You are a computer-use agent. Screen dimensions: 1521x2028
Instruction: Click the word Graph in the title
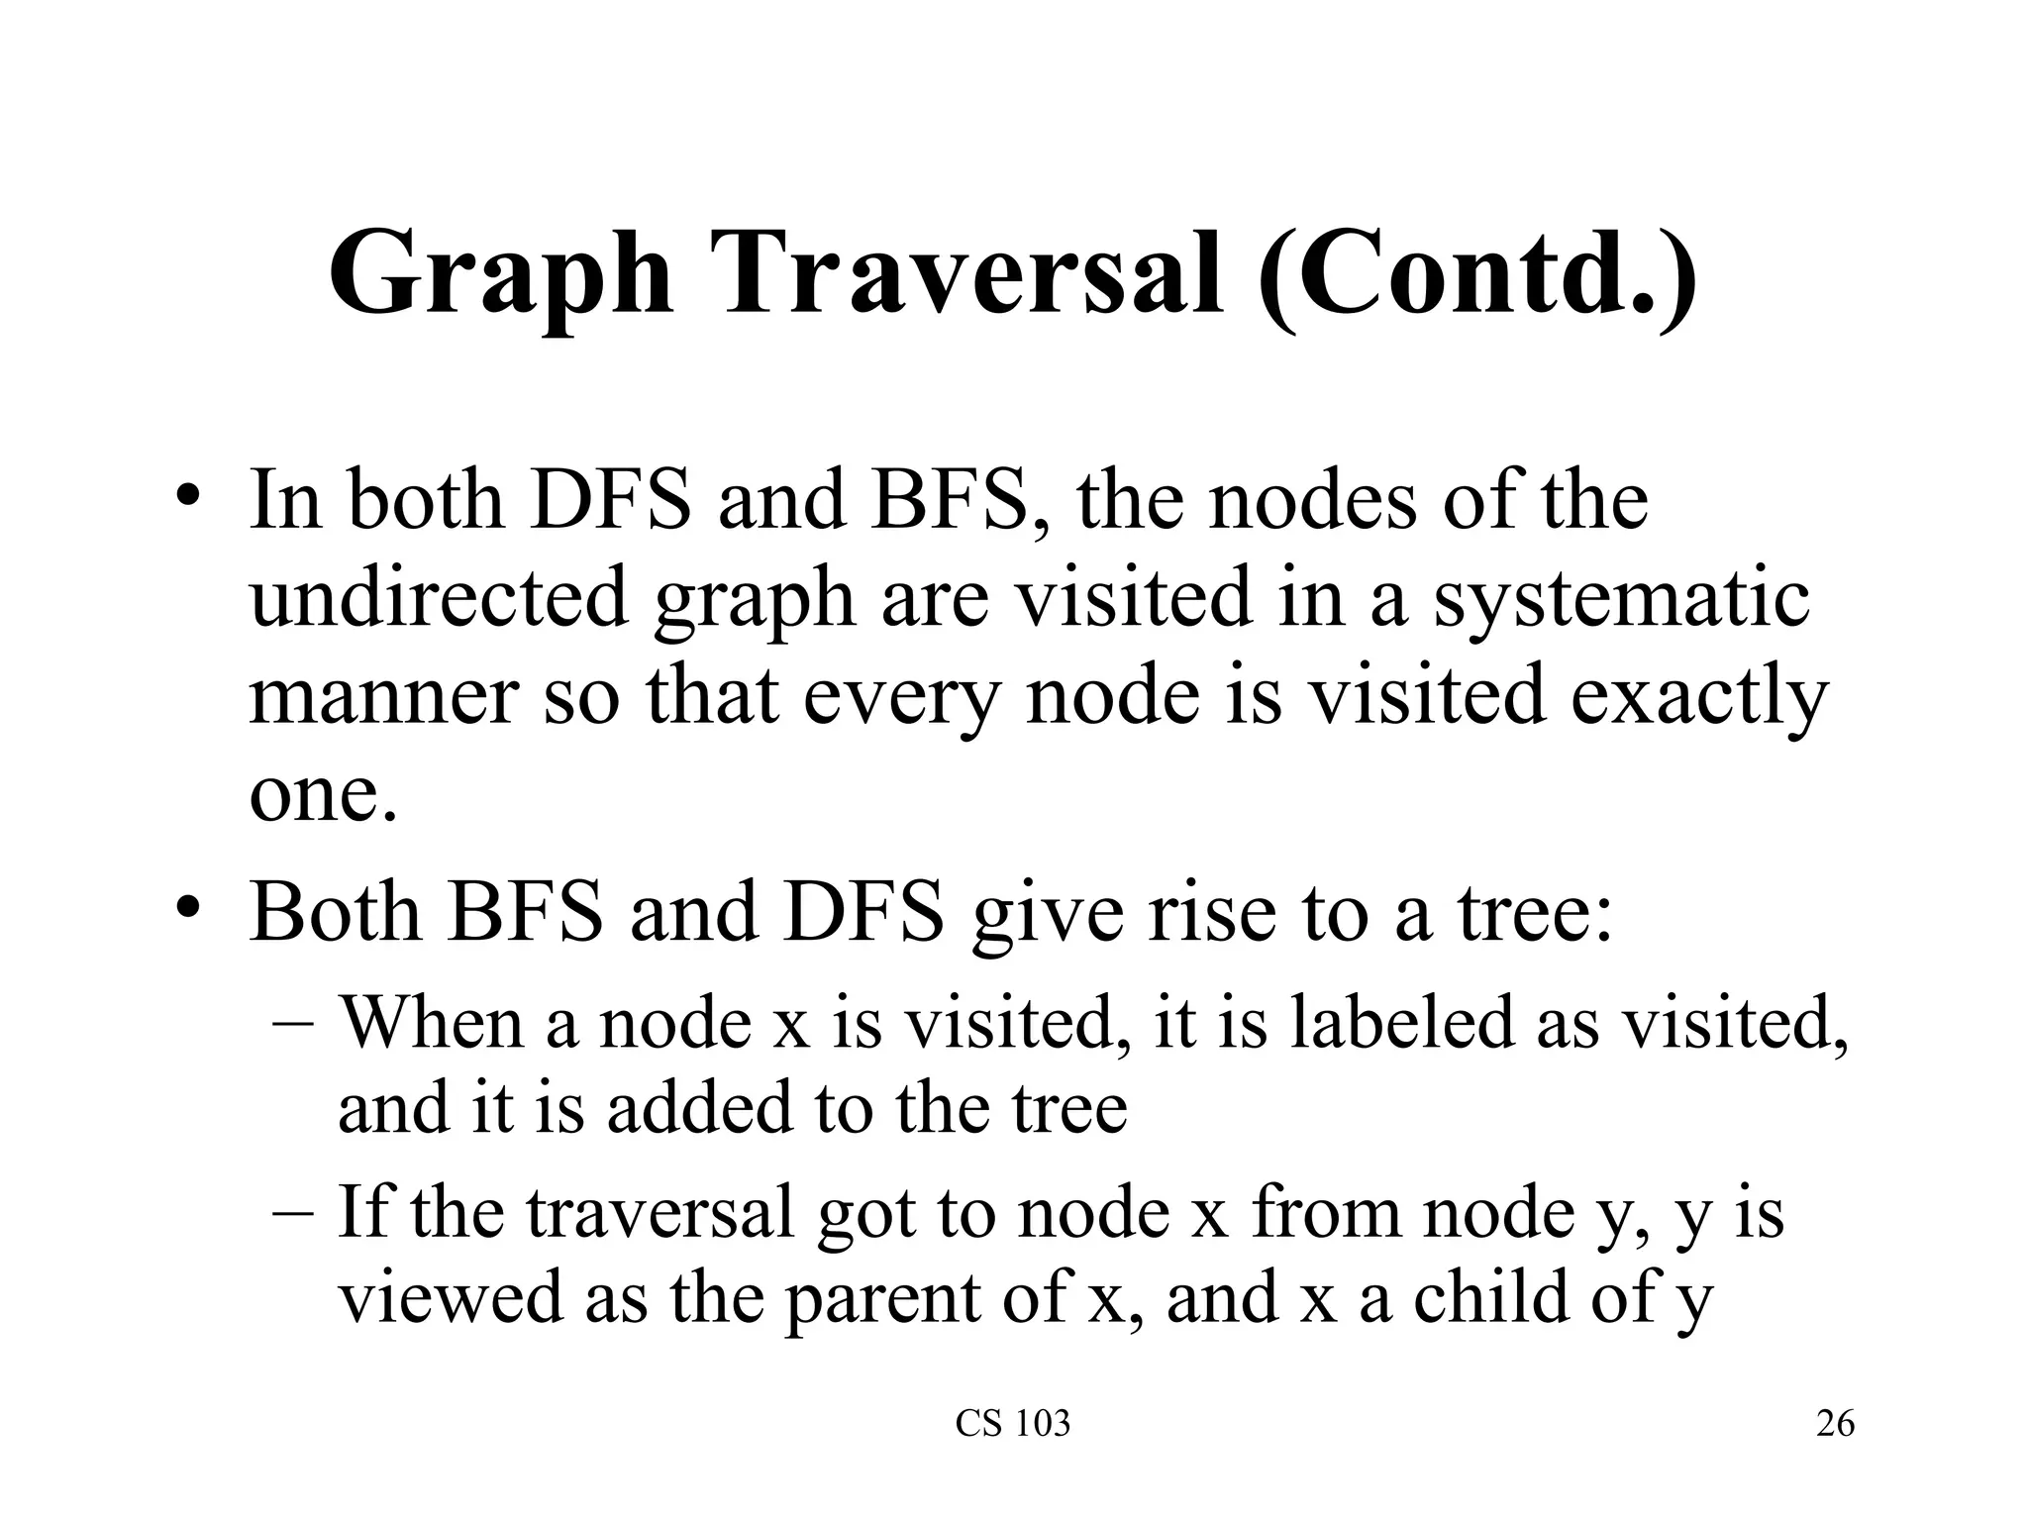pos(500,272)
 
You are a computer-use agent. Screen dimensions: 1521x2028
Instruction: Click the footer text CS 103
pos(1013,1424)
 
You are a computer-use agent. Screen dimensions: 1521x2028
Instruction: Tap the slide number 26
pos(1835,1424)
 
